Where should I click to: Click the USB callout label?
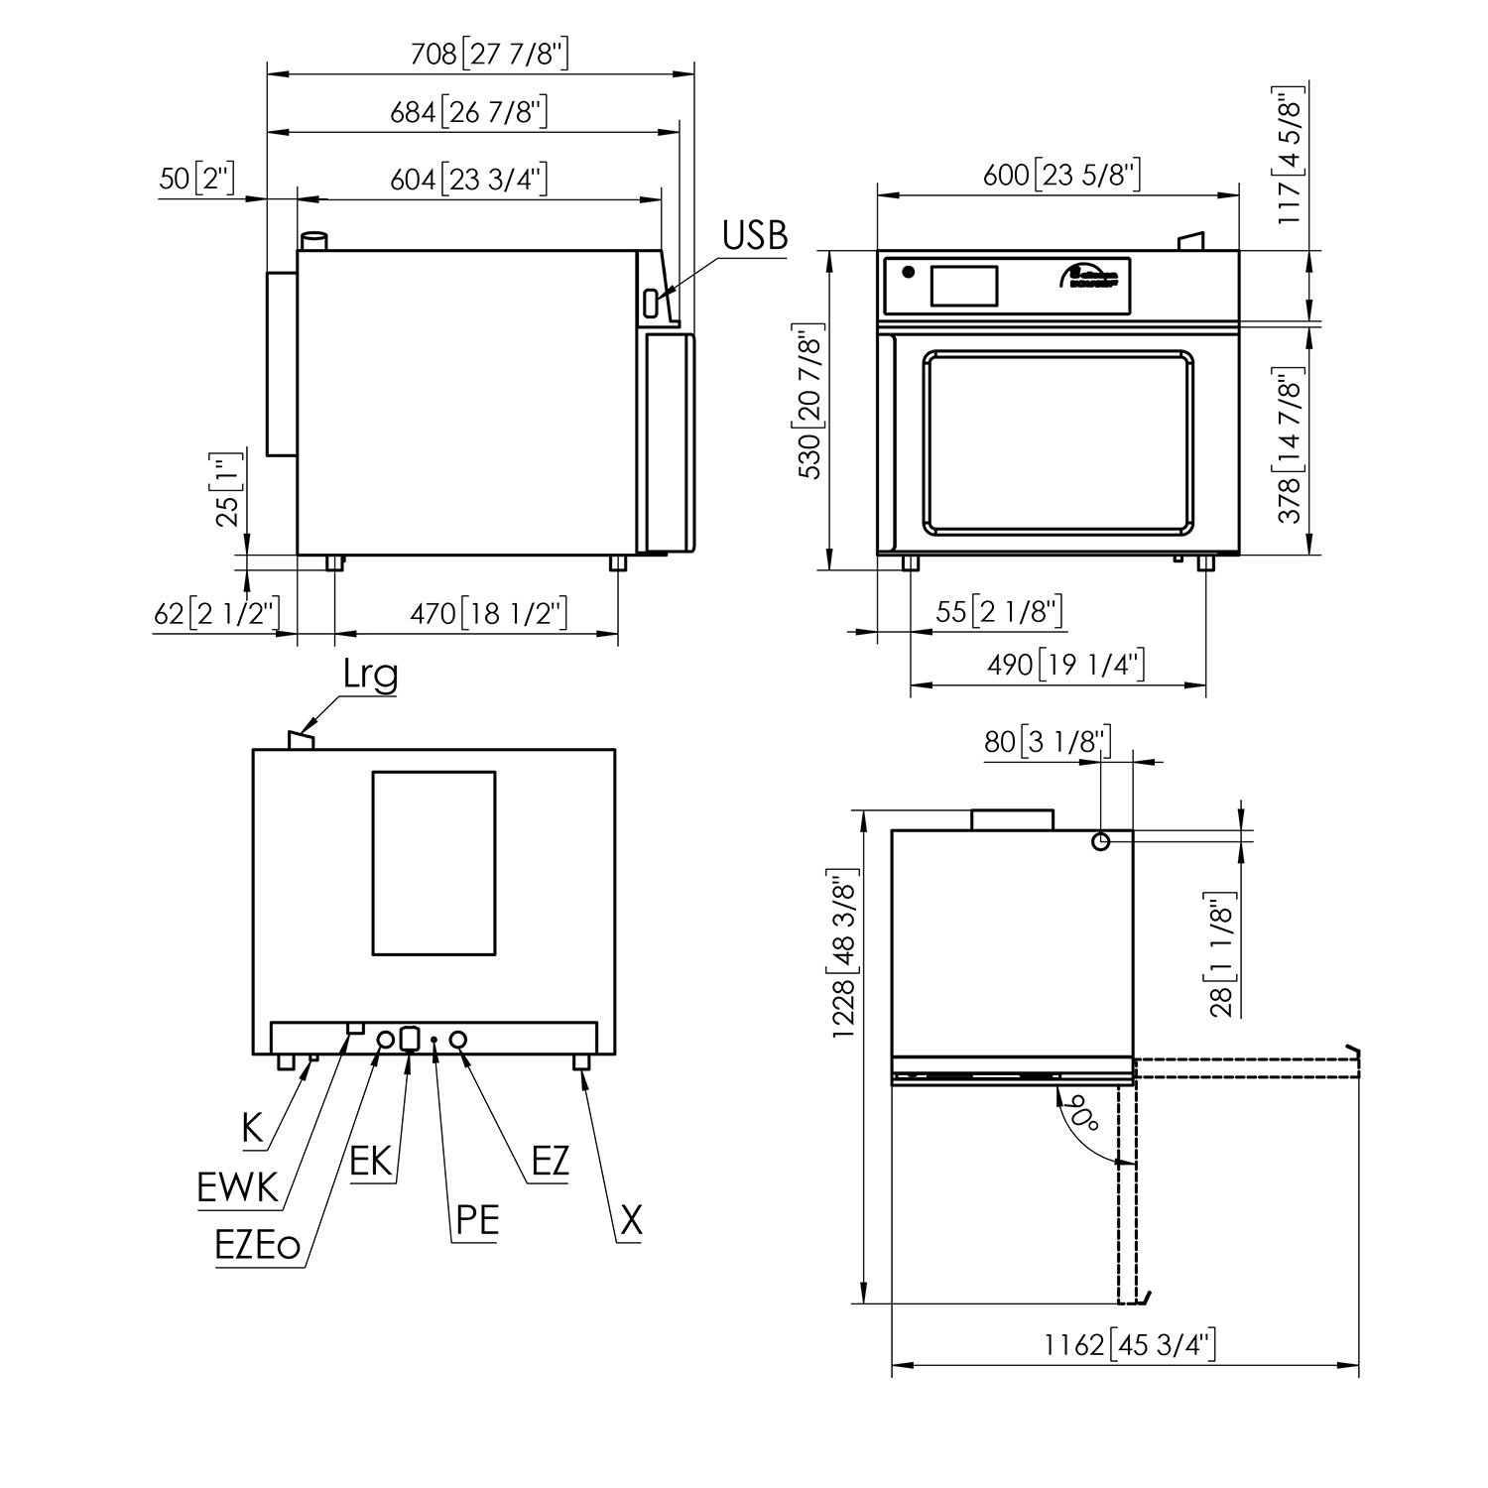[x=754, y=236]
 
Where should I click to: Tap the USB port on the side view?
[x=651, y=303]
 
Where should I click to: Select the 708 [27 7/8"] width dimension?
[x=490, y=54]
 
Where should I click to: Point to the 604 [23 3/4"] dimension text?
[x=469, y=180]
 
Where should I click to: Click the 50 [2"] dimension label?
[x=196, y=180]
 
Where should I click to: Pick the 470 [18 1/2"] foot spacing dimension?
[x=489, y=614]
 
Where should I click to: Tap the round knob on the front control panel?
[x=907, y=272]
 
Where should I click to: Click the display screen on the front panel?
[x=962, y=285]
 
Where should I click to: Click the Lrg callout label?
[x=370, y=675]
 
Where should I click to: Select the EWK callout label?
[x=238, y=1186]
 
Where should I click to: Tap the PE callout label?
[x=476, y=1219]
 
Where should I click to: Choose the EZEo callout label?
[x=257, y=1246]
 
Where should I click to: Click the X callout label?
[x=631, y=1220]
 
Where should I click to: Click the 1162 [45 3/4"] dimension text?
[x=1129, y=1344]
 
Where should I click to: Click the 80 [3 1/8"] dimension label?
[x=1047, y=741]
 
